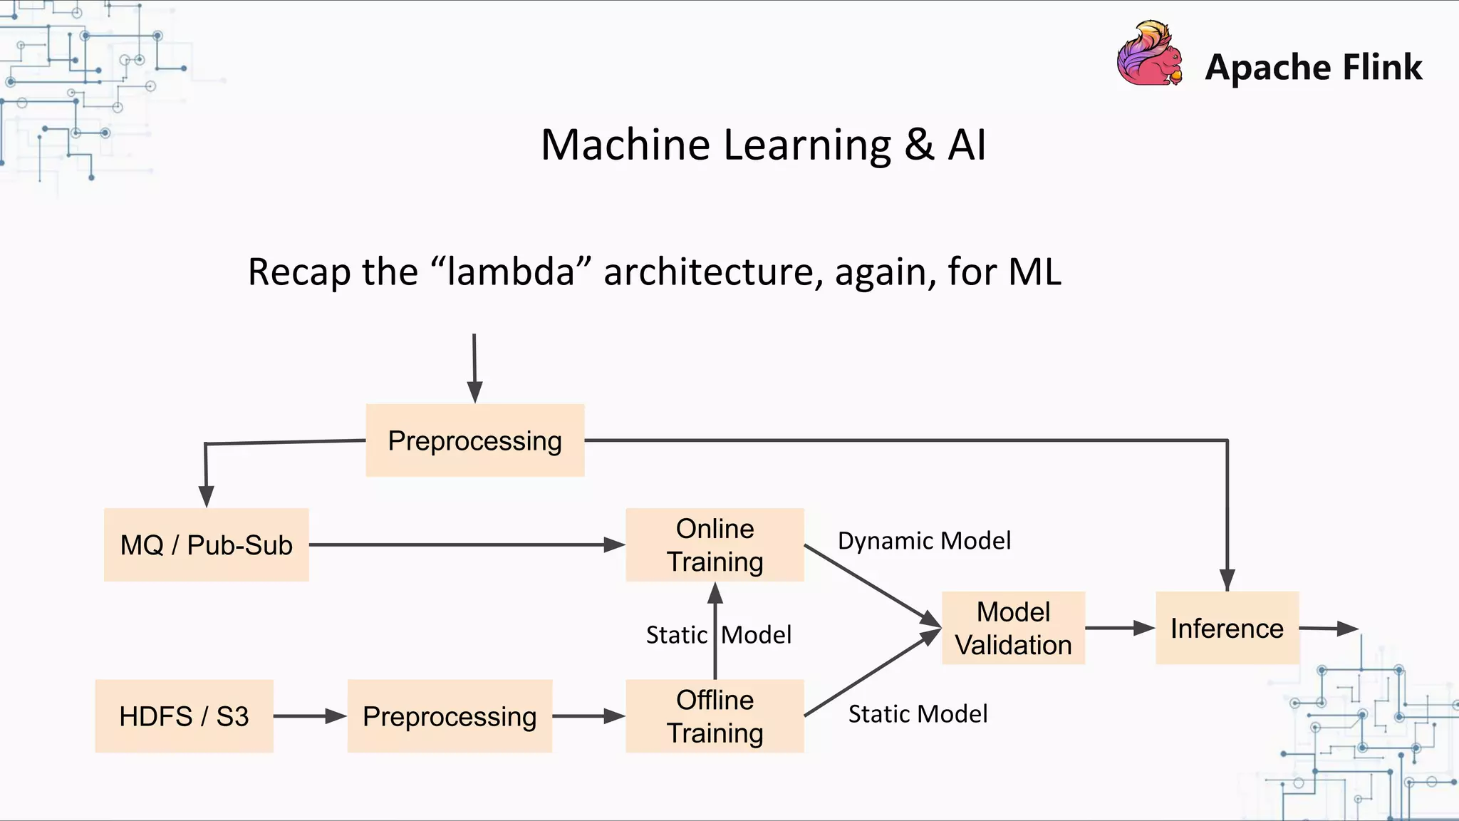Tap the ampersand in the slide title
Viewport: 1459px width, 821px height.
919,145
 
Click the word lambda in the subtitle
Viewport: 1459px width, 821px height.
511,272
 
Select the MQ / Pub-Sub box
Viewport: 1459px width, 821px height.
207,545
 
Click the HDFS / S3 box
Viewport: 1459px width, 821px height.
184,716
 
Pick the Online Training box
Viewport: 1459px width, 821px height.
715,545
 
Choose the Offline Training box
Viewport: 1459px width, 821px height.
715,716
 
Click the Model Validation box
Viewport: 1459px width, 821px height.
1013,629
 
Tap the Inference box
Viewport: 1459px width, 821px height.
1227,629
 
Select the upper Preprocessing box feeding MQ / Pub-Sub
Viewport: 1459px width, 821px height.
475,440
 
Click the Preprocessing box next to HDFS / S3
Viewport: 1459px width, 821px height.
450,716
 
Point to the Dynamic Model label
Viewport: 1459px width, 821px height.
924,541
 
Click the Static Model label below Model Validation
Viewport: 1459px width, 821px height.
918,714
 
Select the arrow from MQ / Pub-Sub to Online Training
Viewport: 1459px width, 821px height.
467,545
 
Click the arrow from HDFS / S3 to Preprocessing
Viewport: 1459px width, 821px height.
310,716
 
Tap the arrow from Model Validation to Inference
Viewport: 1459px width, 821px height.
1119,628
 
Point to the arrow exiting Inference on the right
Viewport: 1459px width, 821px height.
1329,629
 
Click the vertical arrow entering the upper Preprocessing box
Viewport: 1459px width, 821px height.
474,367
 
